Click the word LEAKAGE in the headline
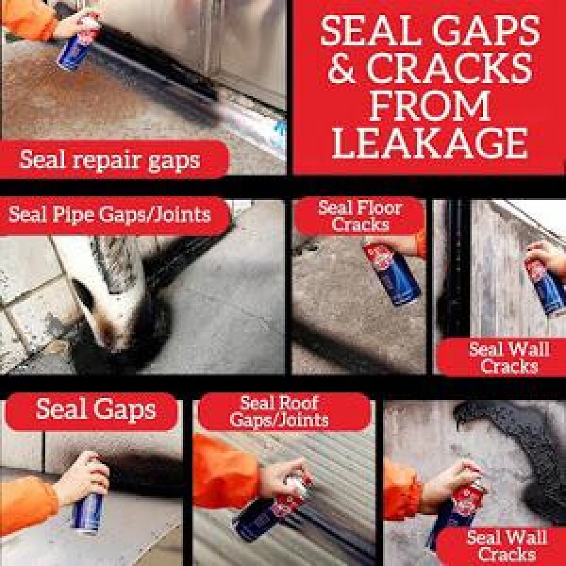coord(430,143)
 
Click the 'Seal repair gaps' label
coord(109,160)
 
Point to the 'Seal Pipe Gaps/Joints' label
coord(109,214)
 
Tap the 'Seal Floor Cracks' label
coord(360,216)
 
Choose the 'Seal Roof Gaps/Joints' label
coord(279,411)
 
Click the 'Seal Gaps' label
coord(96,410)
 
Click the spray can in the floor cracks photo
coord(392,274)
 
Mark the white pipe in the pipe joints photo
coord(94,289)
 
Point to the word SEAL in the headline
coord(372,30)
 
